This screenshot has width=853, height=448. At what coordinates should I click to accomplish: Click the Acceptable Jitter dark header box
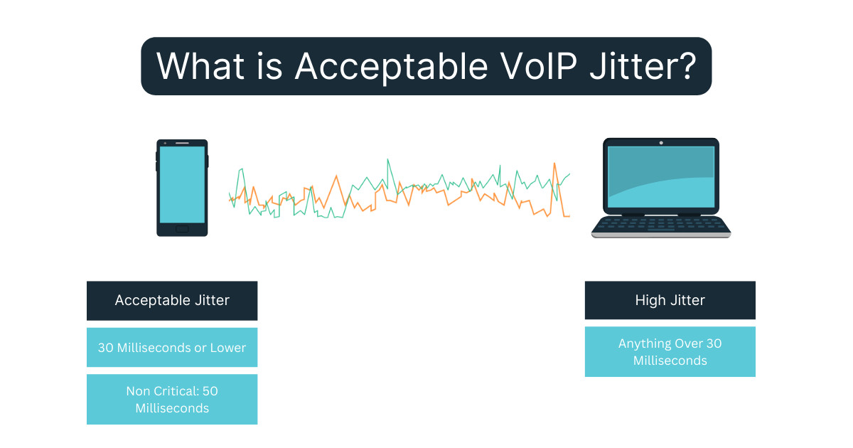[x=172, y=300]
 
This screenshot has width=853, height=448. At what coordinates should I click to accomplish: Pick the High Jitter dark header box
[x=670, y=300]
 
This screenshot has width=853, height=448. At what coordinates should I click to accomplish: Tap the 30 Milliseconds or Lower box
[x=172, y=348]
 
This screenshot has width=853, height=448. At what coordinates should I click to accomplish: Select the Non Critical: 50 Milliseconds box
[x=172, y=399]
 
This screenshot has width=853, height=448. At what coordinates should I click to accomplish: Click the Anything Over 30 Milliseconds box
[x=670, y=351]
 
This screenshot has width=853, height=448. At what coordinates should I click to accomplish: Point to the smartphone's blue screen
[x=182, y=184]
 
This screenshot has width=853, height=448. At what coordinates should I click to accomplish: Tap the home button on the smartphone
[x=182, y=228]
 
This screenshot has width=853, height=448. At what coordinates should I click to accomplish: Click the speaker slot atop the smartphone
[x=182, y=143]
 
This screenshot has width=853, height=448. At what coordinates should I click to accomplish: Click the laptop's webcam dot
[x=660, y=143]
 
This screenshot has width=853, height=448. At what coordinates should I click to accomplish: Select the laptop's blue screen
[x=660, y=176]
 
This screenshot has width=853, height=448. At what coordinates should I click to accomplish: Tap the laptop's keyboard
[x=660, y=224]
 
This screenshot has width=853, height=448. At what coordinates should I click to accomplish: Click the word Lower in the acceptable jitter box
[x=227, y=348]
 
